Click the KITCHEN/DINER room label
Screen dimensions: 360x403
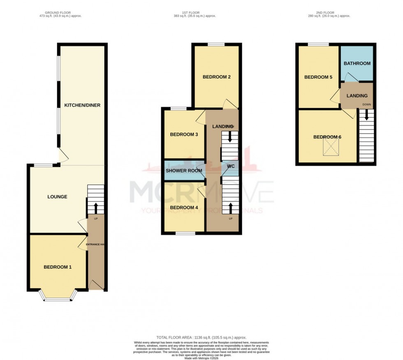pos(82,105)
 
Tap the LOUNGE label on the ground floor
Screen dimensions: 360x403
pos(57,197)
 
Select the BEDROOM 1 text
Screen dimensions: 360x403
pos(58,267)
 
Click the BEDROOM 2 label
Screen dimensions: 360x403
pos(216,77)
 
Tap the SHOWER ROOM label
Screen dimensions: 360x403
pos(184,170)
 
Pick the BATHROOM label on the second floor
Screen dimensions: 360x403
pos(357,64)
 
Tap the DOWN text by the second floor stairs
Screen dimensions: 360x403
pos(366,104)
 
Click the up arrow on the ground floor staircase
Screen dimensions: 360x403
pos(96,207)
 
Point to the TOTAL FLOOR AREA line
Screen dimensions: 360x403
pos(201,337)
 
